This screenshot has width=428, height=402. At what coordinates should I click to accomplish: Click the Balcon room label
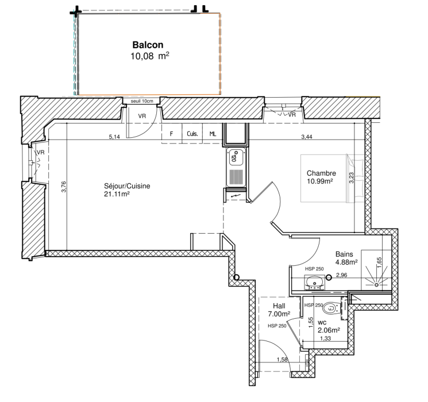(x=148, y=45)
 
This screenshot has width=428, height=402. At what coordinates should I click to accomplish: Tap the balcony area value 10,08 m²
(x=149, y=56)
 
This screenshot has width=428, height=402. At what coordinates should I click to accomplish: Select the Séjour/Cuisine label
(x=127, y=186)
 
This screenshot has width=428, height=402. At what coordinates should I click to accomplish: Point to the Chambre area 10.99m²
(x=319, y=181)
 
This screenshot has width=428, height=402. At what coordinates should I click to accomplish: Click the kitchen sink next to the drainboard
(x=236, y=158)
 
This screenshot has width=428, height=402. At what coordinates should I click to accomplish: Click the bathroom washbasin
(x=314, y=283)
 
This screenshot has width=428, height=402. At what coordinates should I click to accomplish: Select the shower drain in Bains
(x=376, y=285)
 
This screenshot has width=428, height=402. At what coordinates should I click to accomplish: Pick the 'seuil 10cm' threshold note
(x=142, y=101)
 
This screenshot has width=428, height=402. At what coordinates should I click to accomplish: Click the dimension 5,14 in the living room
(x=114, y=137)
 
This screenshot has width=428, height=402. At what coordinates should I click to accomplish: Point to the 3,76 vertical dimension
(x=64, y=187)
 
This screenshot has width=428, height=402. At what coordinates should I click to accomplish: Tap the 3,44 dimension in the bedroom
(x=307, y=137)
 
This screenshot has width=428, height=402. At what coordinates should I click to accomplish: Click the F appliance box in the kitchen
(x=172, y=133)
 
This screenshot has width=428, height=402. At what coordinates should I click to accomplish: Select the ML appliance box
(x=213, y=133)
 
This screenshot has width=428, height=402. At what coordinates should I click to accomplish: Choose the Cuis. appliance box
(x=192, y=133)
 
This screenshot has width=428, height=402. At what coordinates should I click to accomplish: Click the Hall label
(x=279, y=306)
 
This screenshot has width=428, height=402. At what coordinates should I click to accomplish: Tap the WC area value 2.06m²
(x=329, y=330)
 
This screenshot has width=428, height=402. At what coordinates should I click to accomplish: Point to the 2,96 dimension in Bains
(x=341, y=275)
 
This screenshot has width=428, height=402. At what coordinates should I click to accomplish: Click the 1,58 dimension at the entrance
(x=282, y=360)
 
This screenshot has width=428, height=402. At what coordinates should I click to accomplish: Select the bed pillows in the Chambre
(x=355, y=179)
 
